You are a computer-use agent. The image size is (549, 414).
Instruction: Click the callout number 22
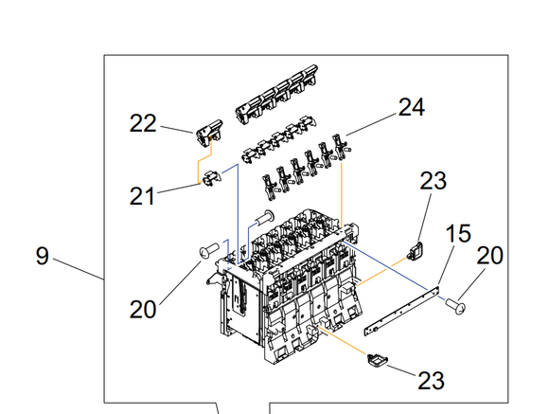pos(143,123)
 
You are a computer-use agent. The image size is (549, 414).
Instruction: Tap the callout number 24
pos(412,107)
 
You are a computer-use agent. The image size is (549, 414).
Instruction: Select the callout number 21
pos(142,196)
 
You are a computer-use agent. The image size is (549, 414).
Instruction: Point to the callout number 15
pos(458,234)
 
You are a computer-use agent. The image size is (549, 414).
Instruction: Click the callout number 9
pos(43,256)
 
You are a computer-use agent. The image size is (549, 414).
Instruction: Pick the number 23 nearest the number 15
pos(434,181)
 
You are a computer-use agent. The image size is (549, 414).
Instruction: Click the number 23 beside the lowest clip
pos(431,381)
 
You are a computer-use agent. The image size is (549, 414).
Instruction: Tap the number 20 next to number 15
pos(489,256)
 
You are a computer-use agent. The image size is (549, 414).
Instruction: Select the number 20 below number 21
pos(143,310)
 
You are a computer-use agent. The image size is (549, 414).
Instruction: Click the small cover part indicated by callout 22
pos(209,133)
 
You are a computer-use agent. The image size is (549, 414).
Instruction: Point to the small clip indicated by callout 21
pos(212,178)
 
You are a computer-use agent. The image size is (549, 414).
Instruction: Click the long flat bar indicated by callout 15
pos(401,311)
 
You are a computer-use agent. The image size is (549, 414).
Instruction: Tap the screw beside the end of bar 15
pos(455,306)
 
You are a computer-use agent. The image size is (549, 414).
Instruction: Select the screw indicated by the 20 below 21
pos(209,250)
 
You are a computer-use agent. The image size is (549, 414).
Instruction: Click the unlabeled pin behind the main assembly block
pos(265,217)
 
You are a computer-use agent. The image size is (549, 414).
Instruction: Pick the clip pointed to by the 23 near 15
pos(416,251)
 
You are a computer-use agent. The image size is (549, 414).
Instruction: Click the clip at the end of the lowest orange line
pos(378,361)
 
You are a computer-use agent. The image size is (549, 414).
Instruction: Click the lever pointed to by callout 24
pos(339,148)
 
